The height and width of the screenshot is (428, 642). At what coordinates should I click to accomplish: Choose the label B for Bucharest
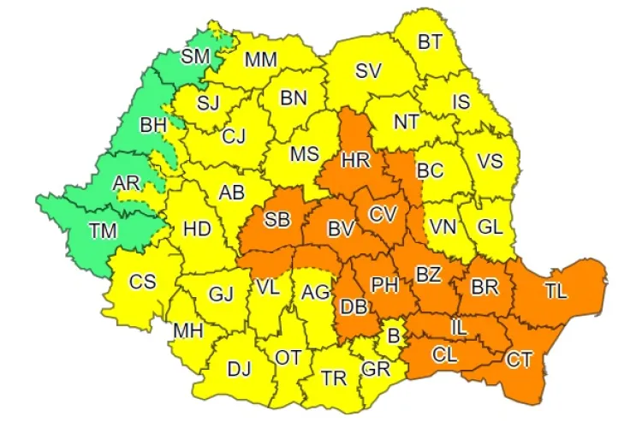[x=394, y=336]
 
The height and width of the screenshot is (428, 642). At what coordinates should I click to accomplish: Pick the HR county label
[x=354, y=161]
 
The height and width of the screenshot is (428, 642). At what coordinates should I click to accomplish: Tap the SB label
[x=276, y=221]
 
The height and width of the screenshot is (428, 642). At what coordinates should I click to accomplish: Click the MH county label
[x=189, y=330]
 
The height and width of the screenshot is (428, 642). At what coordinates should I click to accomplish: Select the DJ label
[x=239, y=369]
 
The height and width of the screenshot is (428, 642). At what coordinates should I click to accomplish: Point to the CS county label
[x=142, y=281]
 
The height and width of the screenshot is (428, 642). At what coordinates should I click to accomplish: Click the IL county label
[x=460, y=324]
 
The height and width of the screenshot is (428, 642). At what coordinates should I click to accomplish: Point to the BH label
[x=154, y=126]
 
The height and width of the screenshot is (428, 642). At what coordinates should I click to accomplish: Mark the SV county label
[x=369, y=70]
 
